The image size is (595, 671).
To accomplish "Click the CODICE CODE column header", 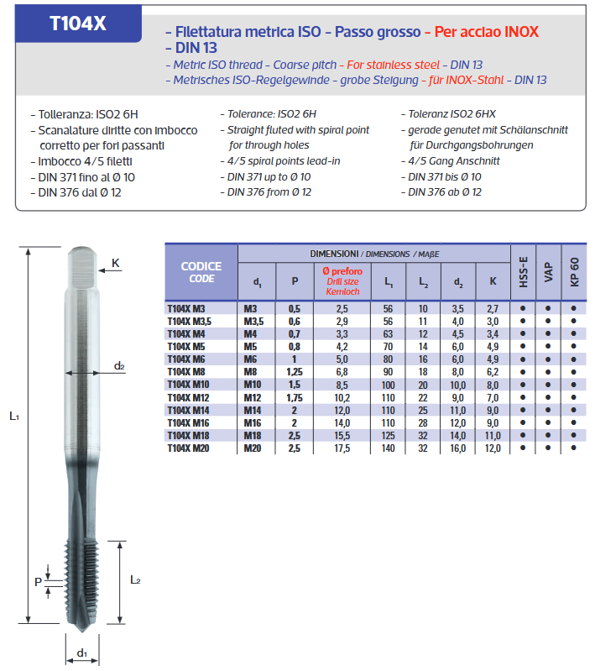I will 201,272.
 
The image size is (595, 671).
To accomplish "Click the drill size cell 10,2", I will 342,397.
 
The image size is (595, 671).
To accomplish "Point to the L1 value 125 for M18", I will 388,436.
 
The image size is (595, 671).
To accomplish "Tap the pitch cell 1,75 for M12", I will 295,397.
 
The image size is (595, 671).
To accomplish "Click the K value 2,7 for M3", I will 493,309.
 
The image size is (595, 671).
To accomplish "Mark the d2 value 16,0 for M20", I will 458,448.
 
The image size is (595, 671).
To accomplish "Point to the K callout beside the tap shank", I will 116,264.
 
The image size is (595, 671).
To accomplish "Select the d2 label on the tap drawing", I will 119,366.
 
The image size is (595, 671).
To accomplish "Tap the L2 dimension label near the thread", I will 135,579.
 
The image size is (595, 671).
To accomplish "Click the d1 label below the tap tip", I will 82,653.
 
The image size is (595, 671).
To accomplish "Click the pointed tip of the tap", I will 82,631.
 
